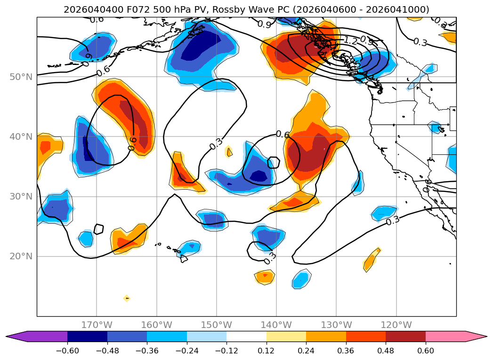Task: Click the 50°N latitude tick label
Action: point(20,77)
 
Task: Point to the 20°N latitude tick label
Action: point(20,256)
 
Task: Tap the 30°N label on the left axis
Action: point(20,197)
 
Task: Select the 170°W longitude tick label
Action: point(97,325)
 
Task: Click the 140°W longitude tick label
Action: point(276,325)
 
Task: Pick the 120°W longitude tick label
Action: point(396,325)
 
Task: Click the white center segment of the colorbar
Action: point(246,336)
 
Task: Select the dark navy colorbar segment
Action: point(87,336)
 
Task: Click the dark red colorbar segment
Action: point(405,336)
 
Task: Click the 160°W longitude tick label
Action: point(156,325)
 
